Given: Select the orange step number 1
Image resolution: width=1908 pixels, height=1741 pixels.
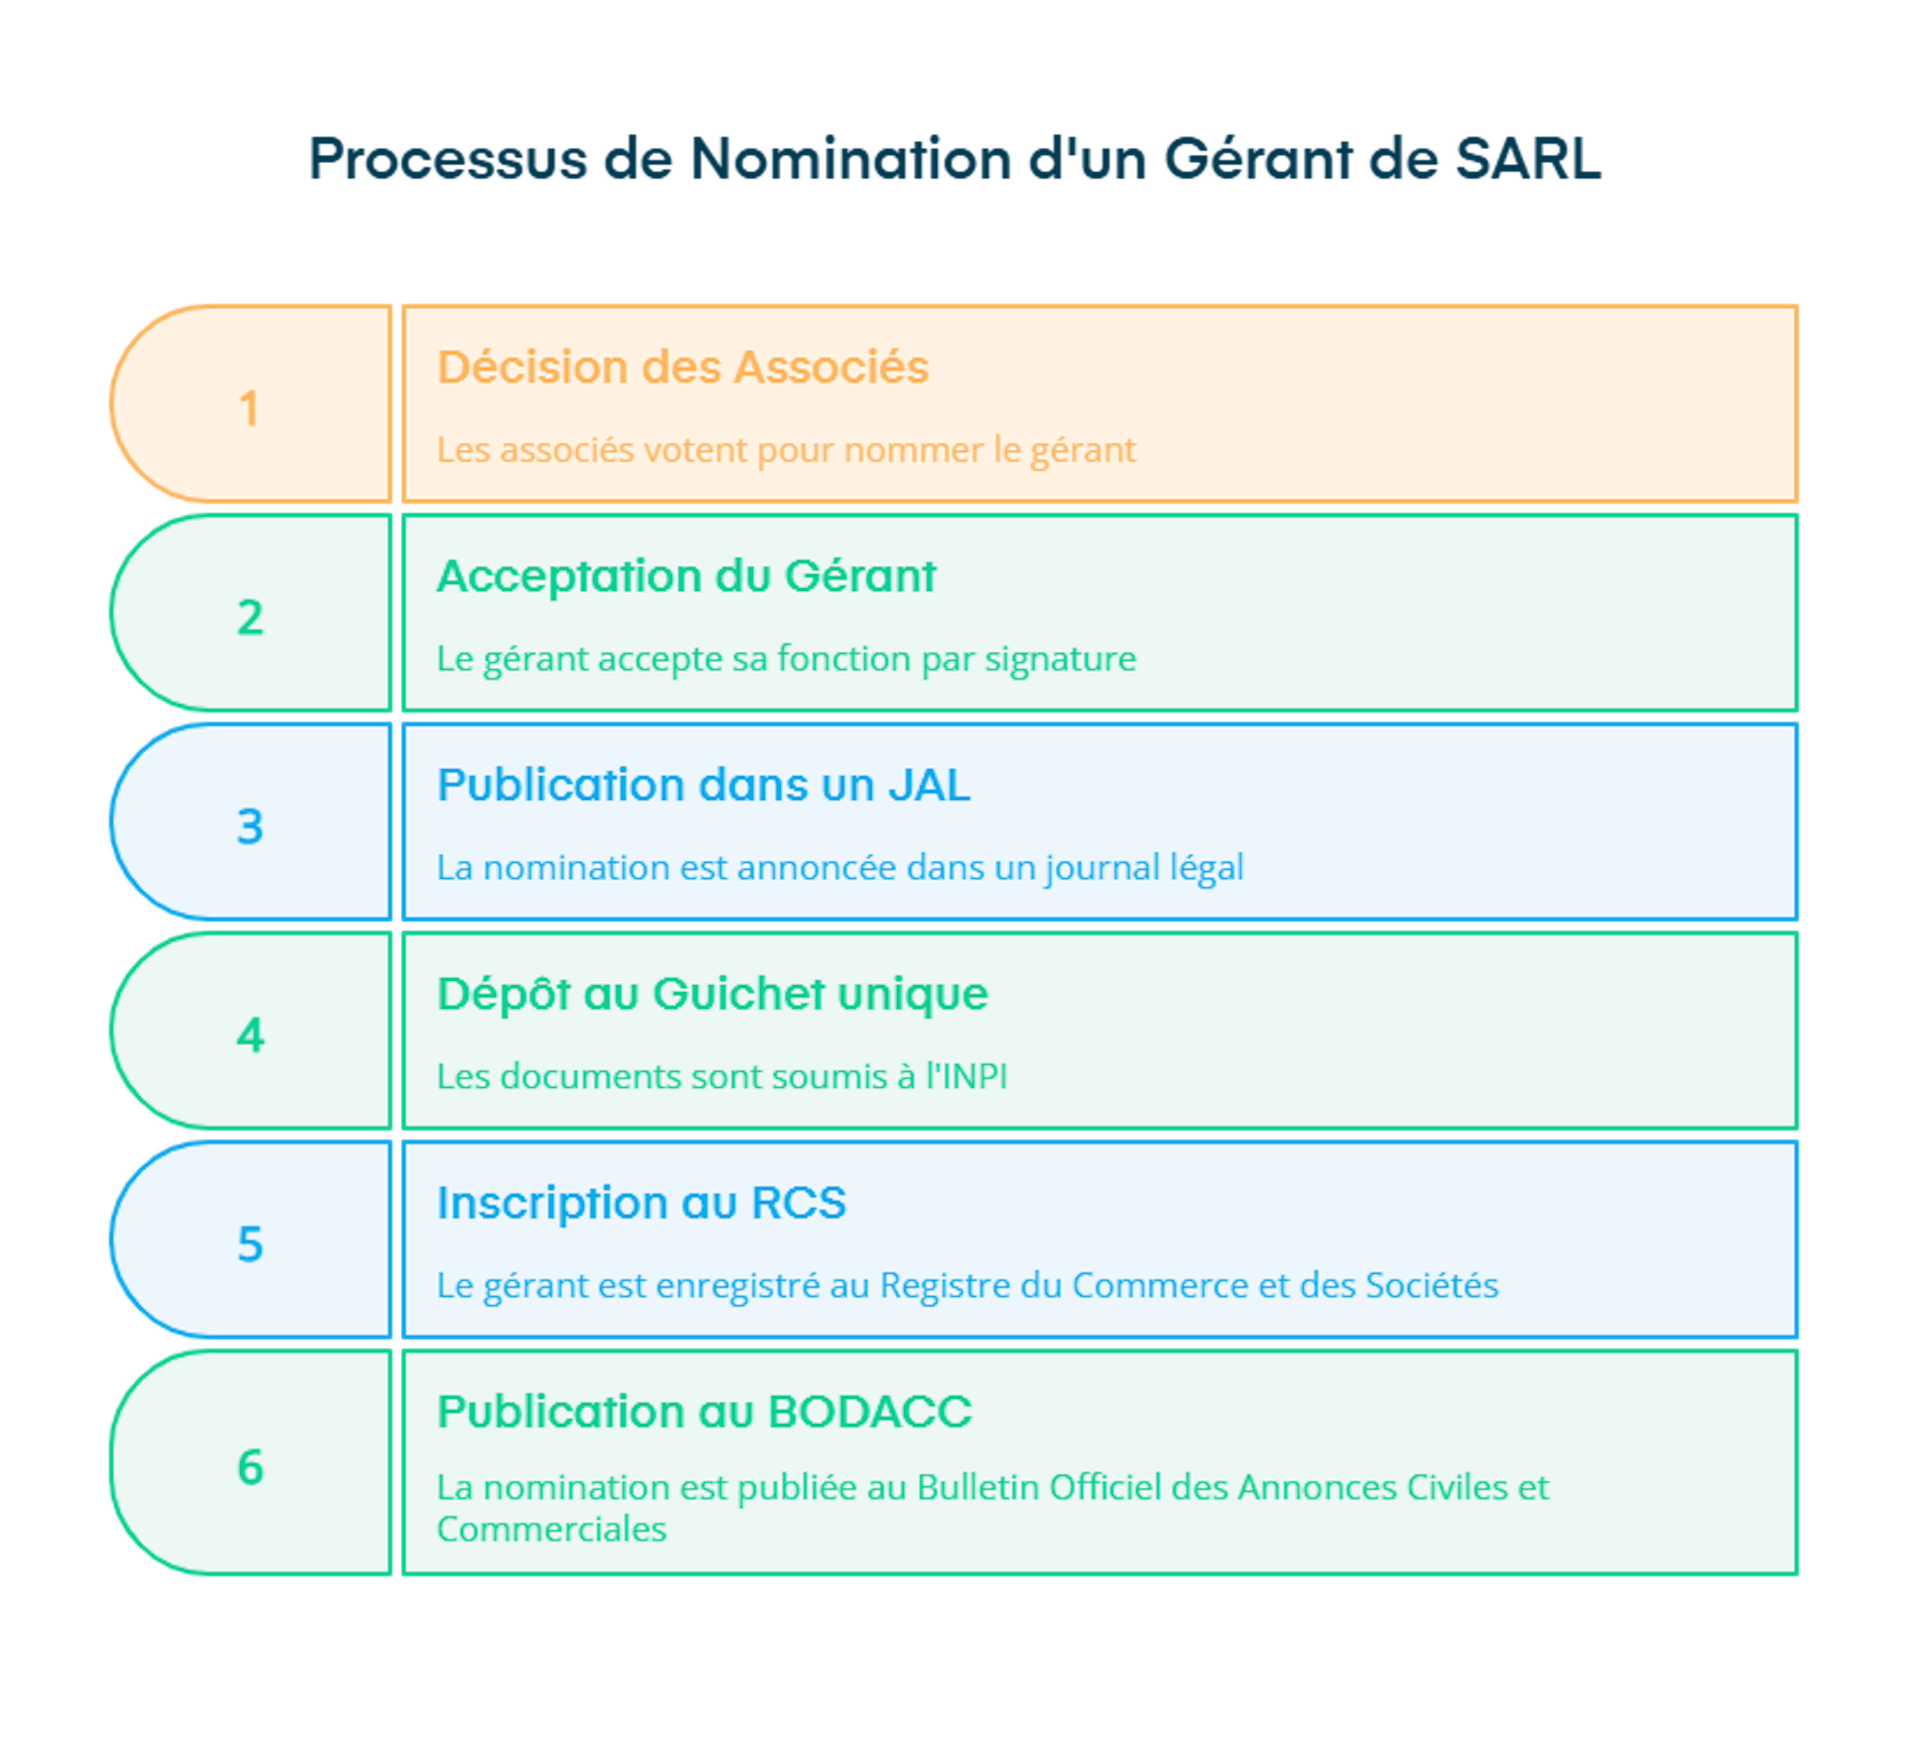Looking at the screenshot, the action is coord(249,409).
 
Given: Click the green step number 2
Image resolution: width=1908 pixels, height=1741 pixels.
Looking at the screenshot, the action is coord(250,618).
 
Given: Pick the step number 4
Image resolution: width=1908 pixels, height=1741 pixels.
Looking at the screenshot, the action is coord(250,1036).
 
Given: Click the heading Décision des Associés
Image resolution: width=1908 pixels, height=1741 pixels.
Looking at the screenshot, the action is coord(682,367).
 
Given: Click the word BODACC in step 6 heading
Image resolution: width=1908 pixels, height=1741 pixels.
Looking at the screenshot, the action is coord(870,1413).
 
